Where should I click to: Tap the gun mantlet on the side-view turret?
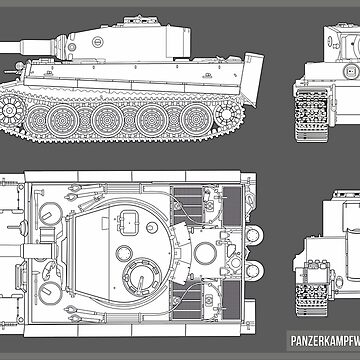coord(59,43)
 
